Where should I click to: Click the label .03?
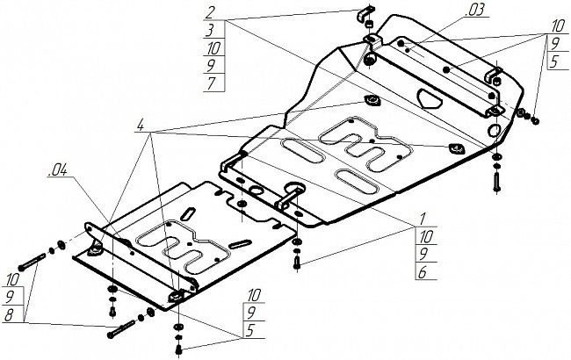pos(475,11)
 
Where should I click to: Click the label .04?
pos(58,170)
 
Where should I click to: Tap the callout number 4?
pos(141,125)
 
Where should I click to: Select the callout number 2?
pos(210,12)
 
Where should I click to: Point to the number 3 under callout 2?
pos(210,30)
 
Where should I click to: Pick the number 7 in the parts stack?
pos(212,83)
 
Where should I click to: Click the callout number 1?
pos(423,220)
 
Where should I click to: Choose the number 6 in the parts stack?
pos(423,273)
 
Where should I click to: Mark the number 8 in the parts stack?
pos(9,315)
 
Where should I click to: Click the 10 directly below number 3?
pos(214,47)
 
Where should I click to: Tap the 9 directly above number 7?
pos(212,66)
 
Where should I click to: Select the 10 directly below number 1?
pos(426,237)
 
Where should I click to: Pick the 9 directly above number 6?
pos(423,255)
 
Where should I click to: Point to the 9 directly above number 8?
pos(10,298)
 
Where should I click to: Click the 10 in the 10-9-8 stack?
pos(12,280)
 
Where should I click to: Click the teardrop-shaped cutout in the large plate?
pos(430,98)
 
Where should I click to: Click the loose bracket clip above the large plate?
pos(365,14)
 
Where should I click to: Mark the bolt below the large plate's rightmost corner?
pos(497,181)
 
